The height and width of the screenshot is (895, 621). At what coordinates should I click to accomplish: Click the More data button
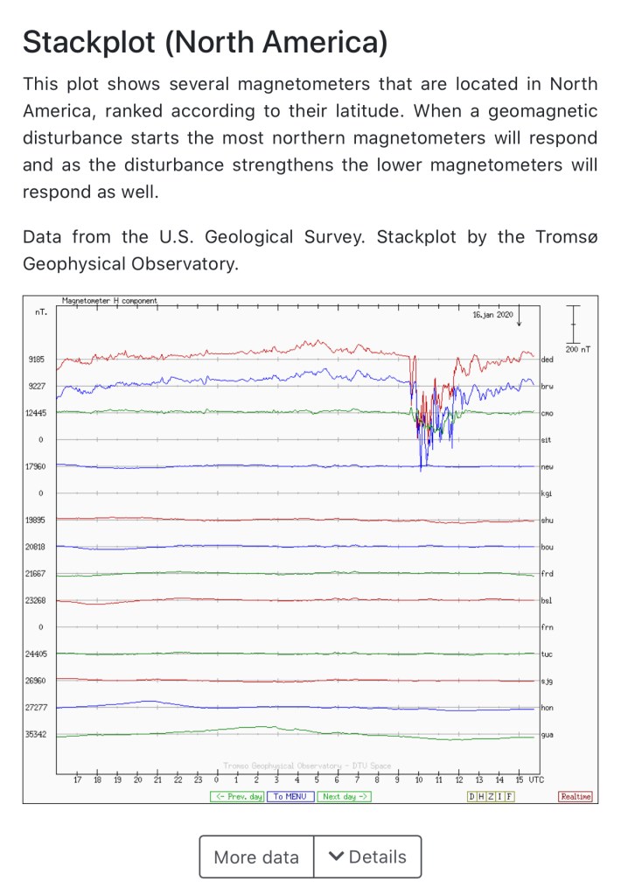pos(256,857)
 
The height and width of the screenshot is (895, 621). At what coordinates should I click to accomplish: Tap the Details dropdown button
pos(367,857)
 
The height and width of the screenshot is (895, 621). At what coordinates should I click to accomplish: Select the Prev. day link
pos(236,796)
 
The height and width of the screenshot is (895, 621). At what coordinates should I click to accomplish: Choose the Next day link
pos(345,796)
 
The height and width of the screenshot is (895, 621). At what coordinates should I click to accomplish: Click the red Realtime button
pos(576,796)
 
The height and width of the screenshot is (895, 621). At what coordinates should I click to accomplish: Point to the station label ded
pos(548,360)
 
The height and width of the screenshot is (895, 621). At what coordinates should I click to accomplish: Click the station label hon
pos(548,707)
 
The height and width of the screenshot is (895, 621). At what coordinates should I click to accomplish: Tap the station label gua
pos(548,734)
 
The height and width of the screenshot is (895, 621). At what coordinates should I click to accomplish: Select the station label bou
pos(548,547)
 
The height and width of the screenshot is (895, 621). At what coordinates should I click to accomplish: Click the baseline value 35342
pos(36,734)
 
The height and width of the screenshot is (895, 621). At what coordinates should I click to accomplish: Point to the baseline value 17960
pos(36,466)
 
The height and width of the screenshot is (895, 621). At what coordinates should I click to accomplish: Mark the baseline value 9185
pos(36,360)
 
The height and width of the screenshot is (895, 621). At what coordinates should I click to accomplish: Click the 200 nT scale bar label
pos(577,349)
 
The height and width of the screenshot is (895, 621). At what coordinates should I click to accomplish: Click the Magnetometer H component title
pos(110,300)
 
